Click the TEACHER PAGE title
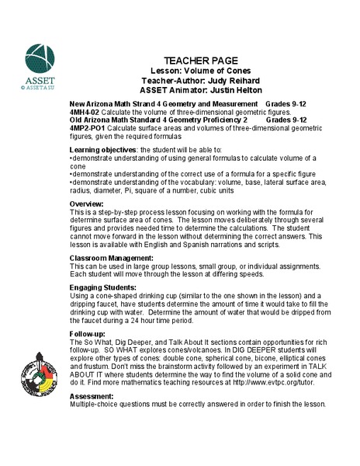[x=204, y=61]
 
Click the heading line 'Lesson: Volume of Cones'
[x=203, y=70]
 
